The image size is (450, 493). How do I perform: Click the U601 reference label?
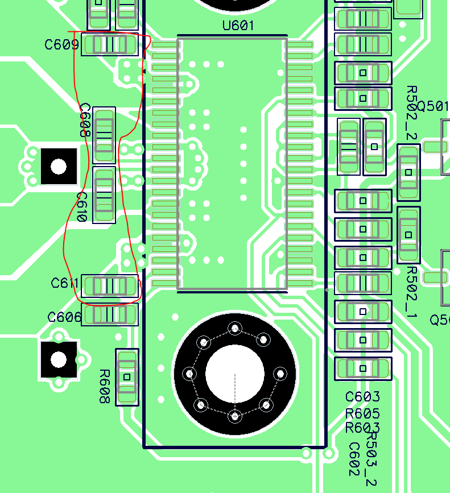(238, 26)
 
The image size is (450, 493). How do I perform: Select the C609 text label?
(61, 44)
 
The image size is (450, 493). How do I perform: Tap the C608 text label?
(85, 121)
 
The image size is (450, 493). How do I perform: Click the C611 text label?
(65, 283)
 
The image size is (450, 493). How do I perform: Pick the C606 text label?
(64, 317)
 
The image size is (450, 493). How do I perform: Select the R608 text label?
(104, 387)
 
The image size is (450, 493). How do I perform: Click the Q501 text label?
(433, 106)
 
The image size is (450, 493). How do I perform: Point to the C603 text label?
(362, 397)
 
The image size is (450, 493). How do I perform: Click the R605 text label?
(362, 413)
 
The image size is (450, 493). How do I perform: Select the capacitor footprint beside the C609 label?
(110, 44)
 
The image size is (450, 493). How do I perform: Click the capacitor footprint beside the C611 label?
(110, 285)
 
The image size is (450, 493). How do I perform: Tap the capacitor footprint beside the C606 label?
(110, 314)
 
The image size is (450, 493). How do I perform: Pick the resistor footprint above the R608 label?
(127, 376)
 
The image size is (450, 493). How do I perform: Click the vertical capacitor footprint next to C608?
(104, 135)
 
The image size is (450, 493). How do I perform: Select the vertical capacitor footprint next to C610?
(104, 195)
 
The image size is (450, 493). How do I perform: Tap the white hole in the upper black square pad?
(59, 166)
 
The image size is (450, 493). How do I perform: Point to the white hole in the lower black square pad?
(59, 359)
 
